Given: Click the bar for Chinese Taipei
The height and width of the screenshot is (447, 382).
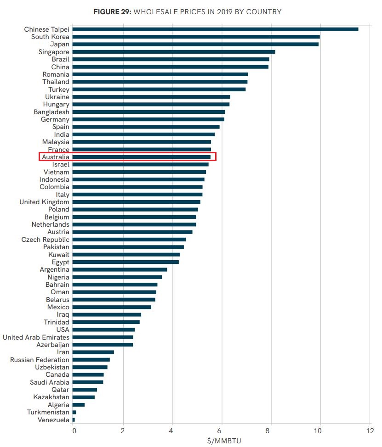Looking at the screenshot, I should click(x=215, y=29).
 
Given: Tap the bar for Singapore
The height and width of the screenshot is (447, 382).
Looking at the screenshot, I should click(x=174, y=52).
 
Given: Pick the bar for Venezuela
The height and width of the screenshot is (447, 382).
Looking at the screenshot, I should click(x=74, y=419).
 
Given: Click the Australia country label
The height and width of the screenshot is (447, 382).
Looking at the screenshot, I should click(x=55, y=157).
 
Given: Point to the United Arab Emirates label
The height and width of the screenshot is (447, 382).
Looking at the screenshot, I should click(x=36, y=337).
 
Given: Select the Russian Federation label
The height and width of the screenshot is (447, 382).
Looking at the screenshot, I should click(x=40, y=360).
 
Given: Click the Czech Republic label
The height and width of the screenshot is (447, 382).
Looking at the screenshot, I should click(x=45, y=240).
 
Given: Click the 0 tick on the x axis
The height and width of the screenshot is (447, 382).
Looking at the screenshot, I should click(x=73, y=431).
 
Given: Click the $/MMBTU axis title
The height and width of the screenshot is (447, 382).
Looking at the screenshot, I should click(x=222, y=441).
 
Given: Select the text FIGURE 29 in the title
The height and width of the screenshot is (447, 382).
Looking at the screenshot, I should click(x=112, y=11).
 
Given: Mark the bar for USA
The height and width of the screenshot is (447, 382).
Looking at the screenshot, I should click(x=103, y=330).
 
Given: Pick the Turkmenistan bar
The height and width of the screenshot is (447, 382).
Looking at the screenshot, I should click(x=74, y=412).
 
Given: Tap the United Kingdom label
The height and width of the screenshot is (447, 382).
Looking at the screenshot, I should click(x=44, y=202).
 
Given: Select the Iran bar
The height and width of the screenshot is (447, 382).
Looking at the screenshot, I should click(x=93, y=352).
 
